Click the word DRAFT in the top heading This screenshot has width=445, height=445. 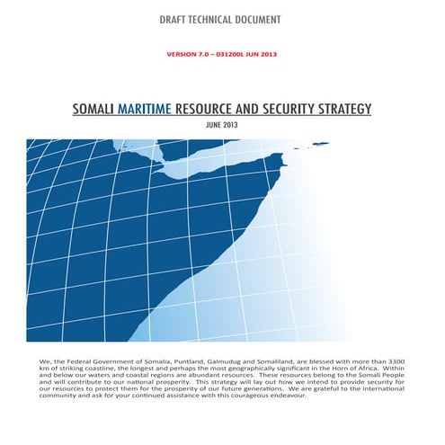coord(175,19)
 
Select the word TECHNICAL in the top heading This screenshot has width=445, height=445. coord(219,19)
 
